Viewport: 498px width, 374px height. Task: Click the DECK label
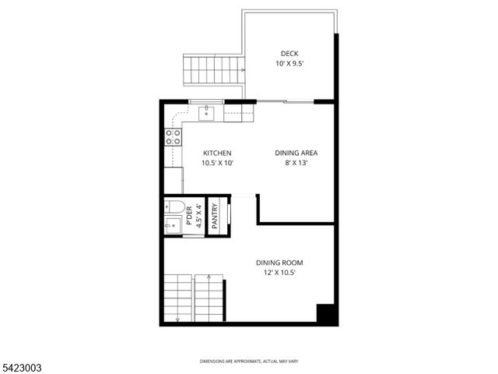pos(289,53)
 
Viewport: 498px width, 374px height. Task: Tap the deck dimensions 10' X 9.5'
pos(289,63)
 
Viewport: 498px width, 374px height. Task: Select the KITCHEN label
pos(217,153)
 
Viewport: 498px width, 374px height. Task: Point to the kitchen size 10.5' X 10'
pos(217,164)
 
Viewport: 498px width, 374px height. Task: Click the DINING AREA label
pos(296,153)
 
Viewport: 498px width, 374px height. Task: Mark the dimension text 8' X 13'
pos(296,164)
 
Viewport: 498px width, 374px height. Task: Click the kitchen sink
pos(206,113)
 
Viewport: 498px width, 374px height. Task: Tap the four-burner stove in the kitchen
pos(173,138)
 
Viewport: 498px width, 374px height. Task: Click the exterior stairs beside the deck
pos(213,70)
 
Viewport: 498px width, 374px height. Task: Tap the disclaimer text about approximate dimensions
pos(248,362)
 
